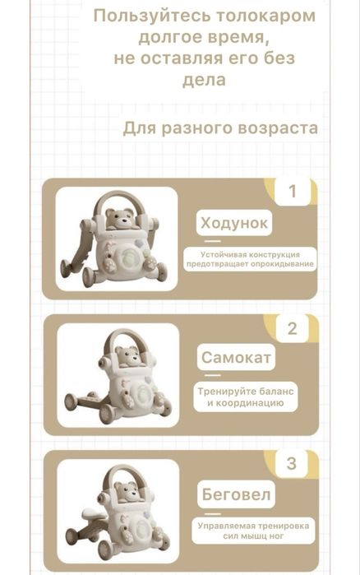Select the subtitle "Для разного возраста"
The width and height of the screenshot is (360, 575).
tap(220, 128)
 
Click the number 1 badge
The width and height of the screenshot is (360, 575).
tap(292, 192)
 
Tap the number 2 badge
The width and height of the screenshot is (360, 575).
tap(292, 329)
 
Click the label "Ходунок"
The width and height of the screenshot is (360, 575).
tap(234, 224)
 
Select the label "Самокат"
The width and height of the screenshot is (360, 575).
tap(237, 359)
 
